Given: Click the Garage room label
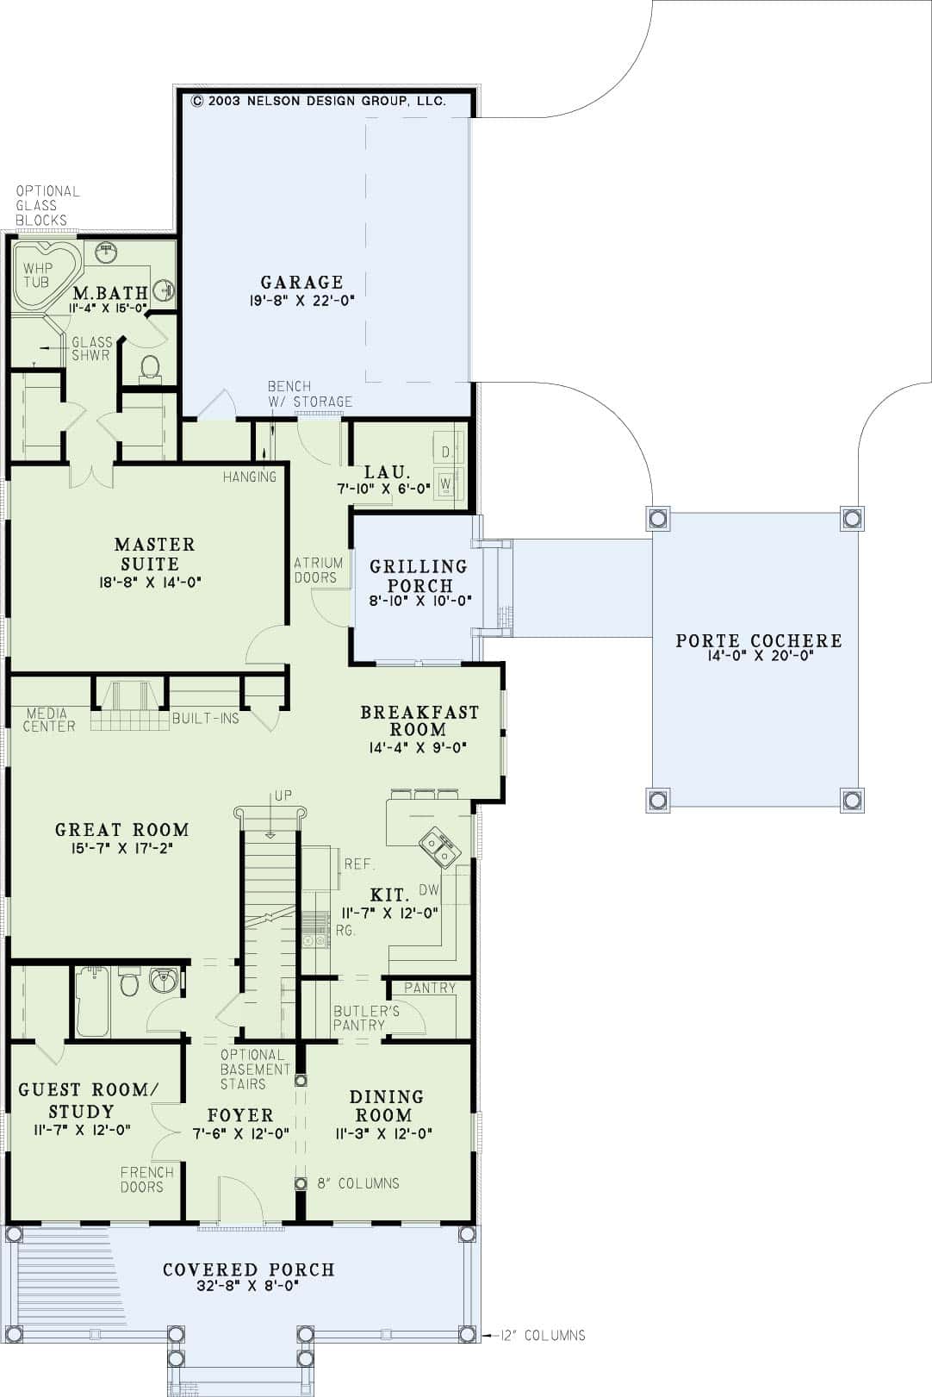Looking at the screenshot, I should pos(301,282).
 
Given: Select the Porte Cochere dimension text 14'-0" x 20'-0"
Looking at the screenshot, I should pos(757,655).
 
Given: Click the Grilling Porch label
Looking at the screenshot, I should pos(419,576).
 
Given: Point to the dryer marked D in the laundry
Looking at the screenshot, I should pos(446,452).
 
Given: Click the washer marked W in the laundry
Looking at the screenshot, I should pos(446,483).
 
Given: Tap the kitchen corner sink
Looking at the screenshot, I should pos(439,846).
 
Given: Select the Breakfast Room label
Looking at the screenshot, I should pos(419,720).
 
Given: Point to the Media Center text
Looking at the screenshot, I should pos(48,720).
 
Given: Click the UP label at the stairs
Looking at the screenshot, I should pos(283,795).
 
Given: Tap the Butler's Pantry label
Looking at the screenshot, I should pos(366,1018).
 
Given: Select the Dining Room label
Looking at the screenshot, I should pos(386,1105).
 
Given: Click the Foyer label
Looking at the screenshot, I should pos(240,1115).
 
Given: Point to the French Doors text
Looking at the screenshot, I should pos(146,1179).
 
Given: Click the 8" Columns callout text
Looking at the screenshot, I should pos(358,1183).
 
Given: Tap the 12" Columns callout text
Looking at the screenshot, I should pos(542,1335).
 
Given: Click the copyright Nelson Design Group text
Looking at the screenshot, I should pos(318,101).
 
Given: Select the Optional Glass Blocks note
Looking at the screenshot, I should pos(47,205).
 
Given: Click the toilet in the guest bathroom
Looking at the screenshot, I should pos(129,982).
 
